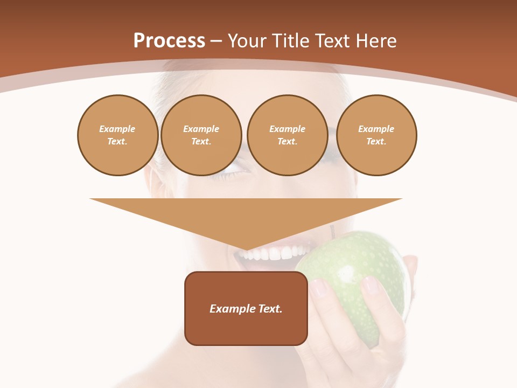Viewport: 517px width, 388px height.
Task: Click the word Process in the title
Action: (x=169, y=41)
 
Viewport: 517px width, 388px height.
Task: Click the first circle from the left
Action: (x=117, y=135)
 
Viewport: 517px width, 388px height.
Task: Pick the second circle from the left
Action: (x=201, y=135)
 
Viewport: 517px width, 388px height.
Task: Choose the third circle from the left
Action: (x=287, y=135)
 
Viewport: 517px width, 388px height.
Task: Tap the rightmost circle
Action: (x=376, y=135)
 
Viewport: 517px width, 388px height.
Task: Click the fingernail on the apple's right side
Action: (x=370, y=285)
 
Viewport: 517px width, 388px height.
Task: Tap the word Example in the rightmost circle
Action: (x=376, y=129)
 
